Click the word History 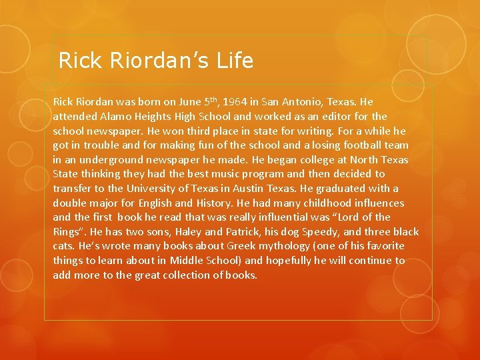tap(213, 203)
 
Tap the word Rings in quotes tap(68, 231)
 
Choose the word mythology tap(243, 246)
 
